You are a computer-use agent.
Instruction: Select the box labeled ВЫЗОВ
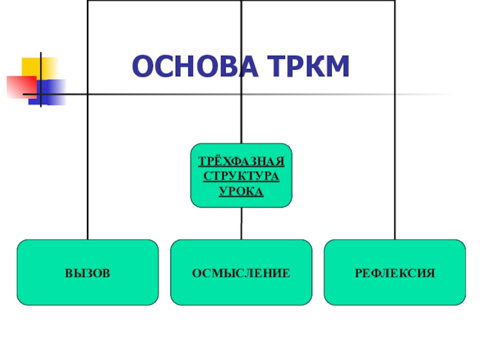pyautogui.click(x=88, y=273)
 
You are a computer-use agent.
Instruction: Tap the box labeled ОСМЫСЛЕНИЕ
pyautogui.click(x=241, y=273)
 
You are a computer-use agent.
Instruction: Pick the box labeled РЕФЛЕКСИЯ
pyautogui.click(x=395, y=273)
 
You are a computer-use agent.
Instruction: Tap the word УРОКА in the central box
pyautogui.click(x=241, y=191)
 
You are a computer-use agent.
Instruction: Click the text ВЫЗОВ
pyautogui.click(x=88, y=274)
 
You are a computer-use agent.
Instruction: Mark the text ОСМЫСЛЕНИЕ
pyautogui.click(x=241, y=274)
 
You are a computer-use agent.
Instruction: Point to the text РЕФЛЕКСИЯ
pyautogui.click(x=395, y=274)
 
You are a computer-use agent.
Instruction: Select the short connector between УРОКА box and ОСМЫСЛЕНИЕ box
pyautogui.click(x=241, y=223)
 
